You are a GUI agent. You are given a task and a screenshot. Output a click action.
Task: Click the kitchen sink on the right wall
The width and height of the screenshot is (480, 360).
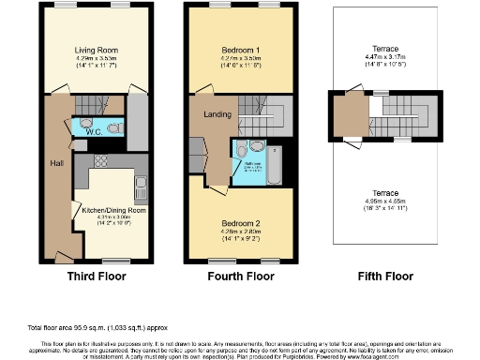pos(141,185)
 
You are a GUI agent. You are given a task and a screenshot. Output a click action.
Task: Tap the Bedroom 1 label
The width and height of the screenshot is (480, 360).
pos(240,49)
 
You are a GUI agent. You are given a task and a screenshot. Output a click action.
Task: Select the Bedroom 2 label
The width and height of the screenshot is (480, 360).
pos(240,224)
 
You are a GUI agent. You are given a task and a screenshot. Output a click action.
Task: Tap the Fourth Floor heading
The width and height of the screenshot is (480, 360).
pos(242,277)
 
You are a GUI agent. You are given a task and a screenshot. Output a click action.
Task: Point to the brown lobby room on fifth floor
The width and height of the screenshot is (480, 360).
pos(353,117)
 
